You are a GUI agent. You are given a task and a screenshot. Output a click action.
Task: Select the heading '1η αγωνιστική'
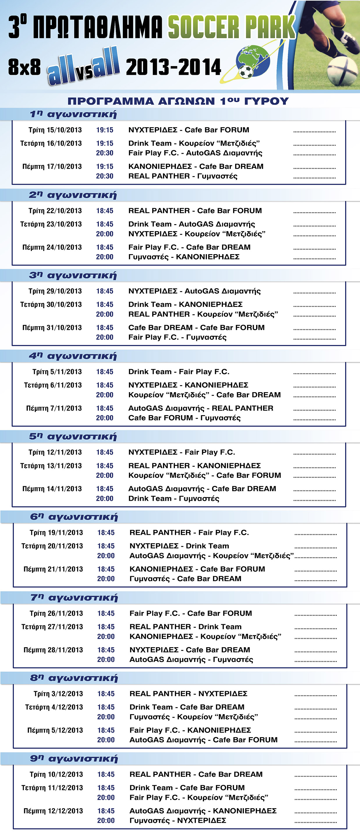coord(73,114)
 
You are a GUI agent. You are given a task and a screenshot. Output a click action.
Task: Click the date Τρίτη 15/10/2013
coord(55,130)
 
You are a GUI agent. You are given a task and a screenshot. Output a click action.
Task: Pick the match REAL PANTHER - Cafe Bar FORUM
coord(195,211)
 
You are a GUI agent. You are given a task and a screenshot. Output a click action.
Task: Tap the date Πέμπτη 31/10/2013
coord(52,328)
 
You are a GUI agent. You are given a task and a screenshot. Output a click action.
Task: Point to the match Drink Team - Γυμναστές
coord(174,498)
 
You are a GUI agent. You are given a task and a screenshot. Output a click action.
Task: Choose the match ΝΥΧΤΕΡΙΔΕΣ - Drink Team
coord(179,546)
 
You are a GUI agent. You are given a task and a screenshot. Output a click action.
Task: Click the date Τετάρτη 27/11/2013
coord(52,627)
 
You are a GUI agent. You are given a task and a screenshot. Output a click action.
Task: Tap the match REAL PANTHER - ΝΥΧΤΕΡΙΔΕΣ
coord(188,694)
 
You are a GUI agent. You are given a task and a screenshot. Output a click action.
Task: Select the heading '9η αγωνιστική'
coord(74,759)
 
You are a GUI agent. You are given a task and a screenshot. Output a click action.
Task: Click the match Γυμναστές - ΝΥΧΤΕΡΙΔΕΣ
coord(178,821)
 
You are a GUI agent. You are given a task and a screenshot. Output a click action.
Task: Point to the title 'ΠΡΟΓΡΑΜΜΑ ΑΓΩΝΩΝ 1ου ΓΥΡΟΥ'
coord(178,101)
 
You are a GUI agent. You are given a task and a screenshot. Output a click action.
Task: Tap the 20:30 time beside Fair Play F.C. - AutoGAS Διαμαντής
coord(105,153)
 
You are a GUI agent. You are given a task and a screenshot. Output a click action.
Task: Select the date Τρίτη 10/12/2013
coord(56,774)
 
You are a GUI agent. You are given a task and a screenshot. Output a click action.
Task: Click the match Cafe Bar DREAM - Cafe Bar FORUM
coord(196,328)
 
